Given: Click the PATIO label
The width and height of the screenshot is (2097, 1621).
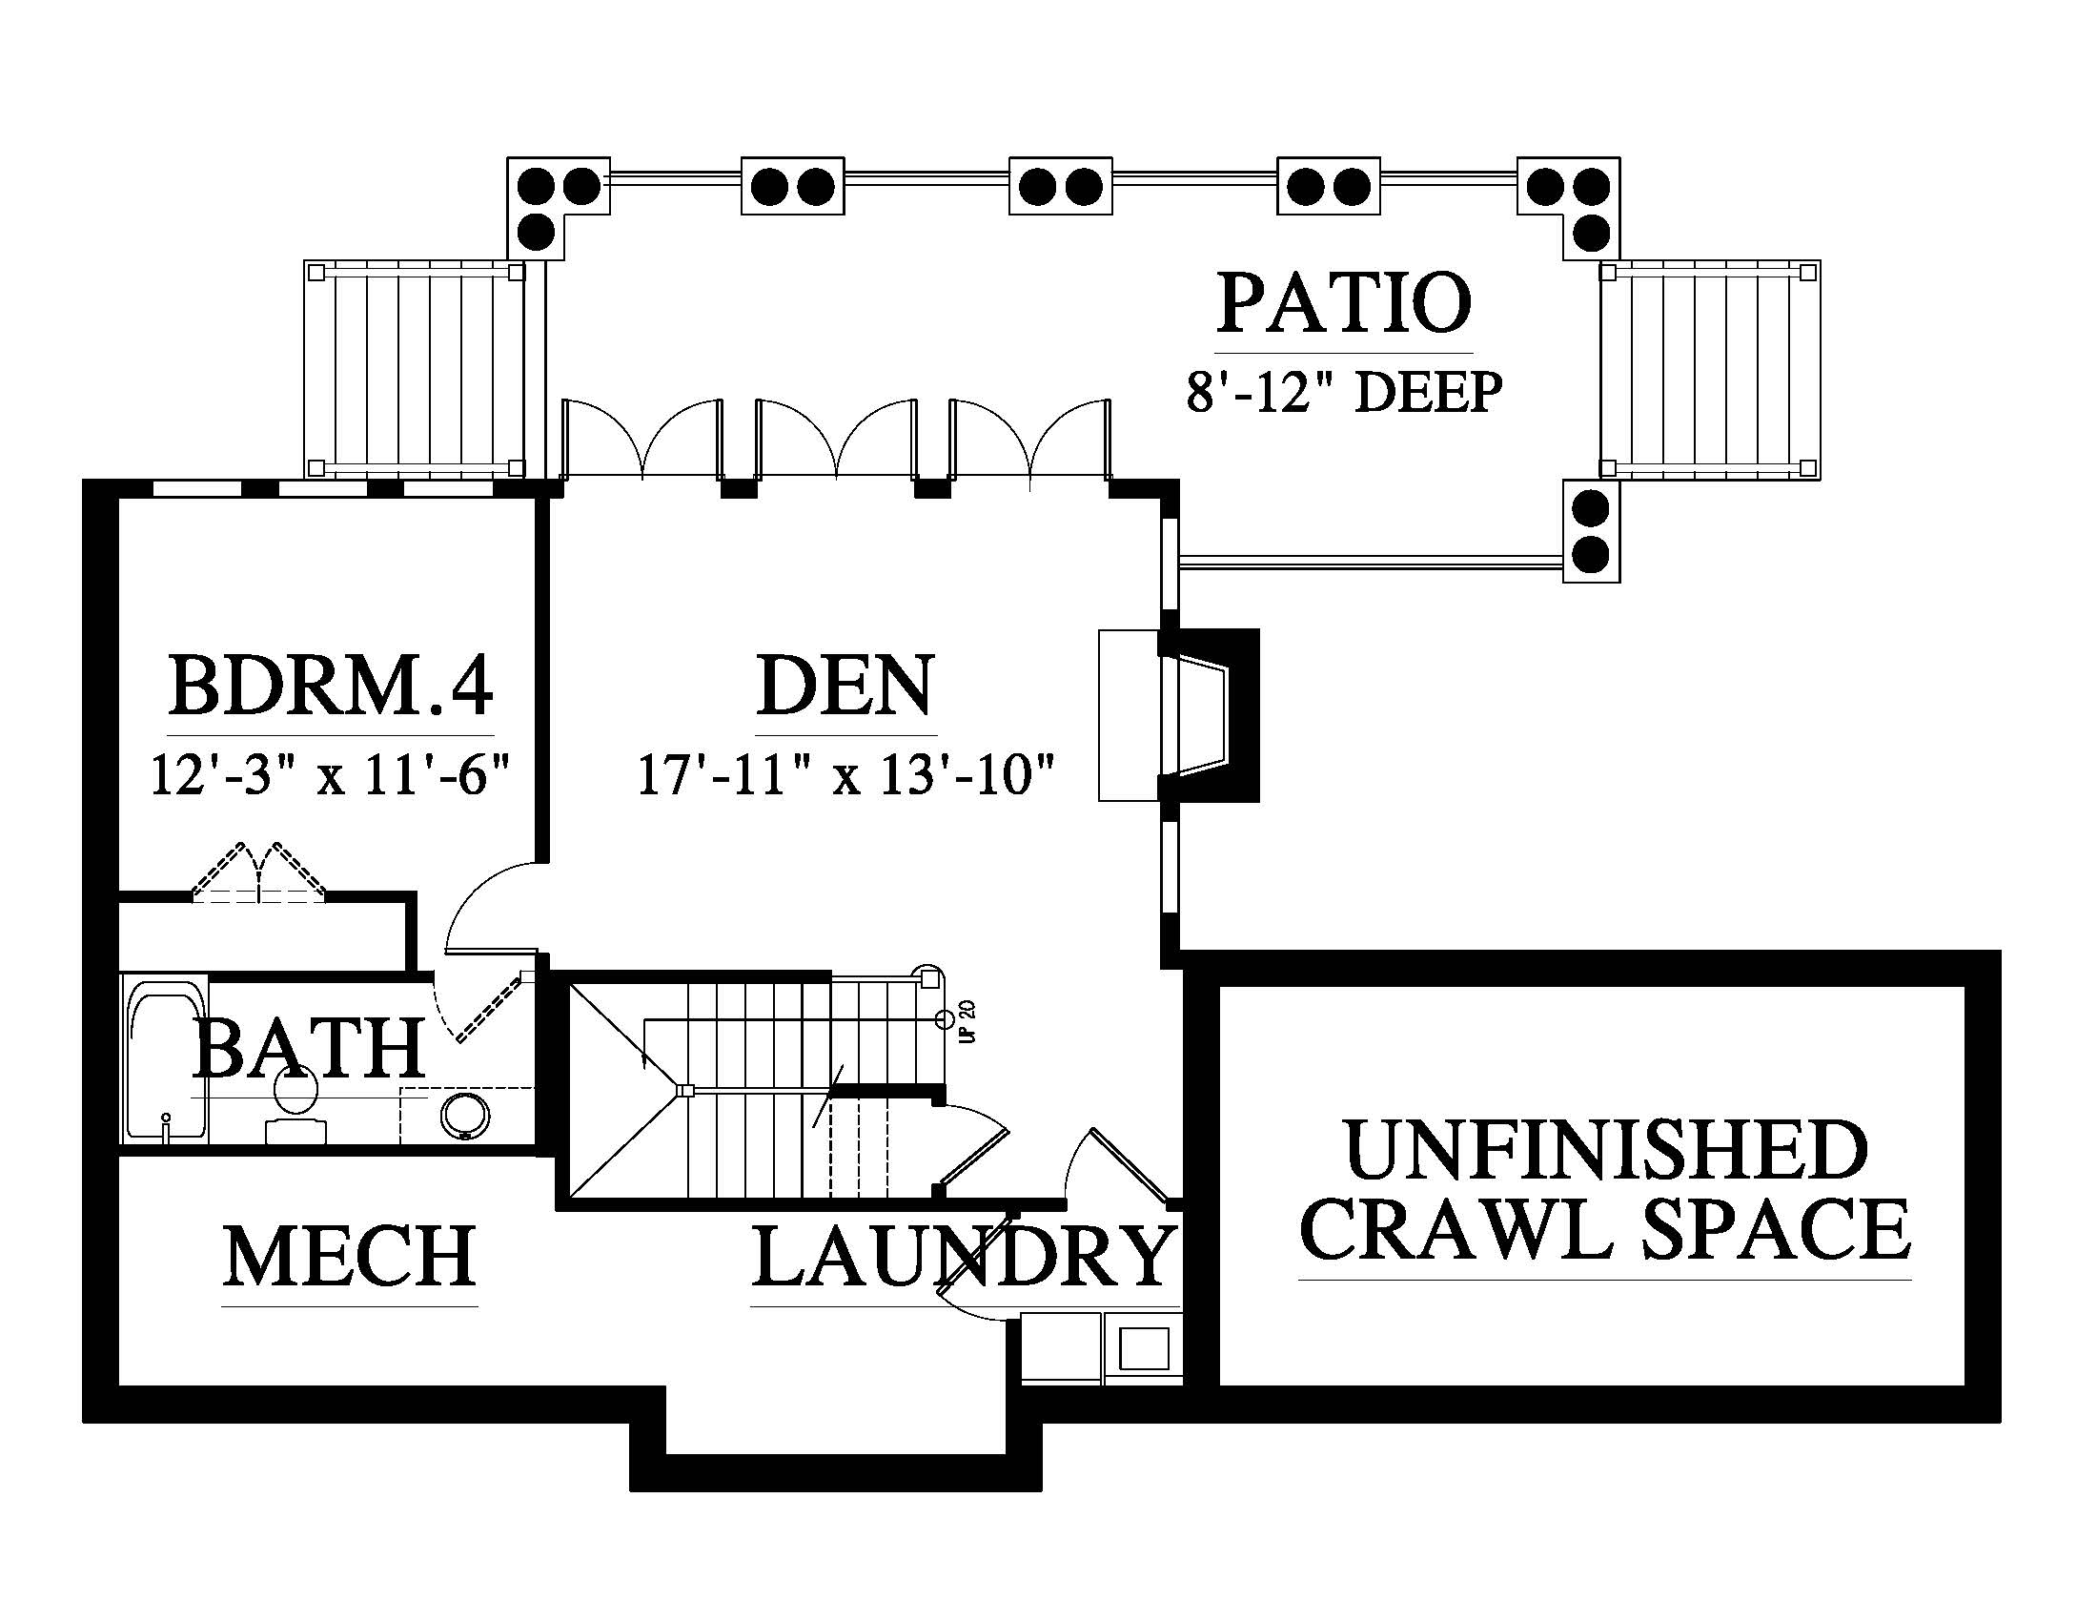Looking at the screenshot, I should point(1343,302).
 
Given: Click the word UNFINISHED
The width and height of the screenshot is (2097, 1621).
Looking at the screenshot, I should point(1606,1150).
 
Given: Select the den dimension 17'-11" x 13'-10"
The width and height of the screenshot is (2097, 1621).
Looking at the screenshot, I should point(845,774).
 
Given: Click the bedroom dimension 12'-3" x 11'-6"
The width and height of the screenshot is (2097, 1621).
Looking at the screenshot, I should point(329,774).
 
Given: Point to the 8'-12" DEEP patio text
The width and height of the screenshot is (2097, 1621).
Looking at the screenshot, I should point(1343,392).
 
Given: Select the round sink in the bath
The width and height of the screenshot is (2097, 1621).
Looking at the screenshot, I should point(465,1116).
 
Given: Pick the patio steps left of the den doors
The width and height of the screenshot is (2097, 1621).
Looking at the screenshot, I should point(415,370).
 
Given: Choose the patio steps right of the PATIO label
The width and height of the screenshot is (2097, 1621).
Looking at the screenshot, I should point(1709,370).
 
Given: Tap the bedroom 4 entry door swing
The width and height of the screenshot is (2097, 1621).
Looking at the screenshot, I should point(491,908).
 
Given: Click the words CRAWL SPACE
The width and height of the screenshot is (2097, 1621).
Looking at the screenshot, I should point(1604,1230).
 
